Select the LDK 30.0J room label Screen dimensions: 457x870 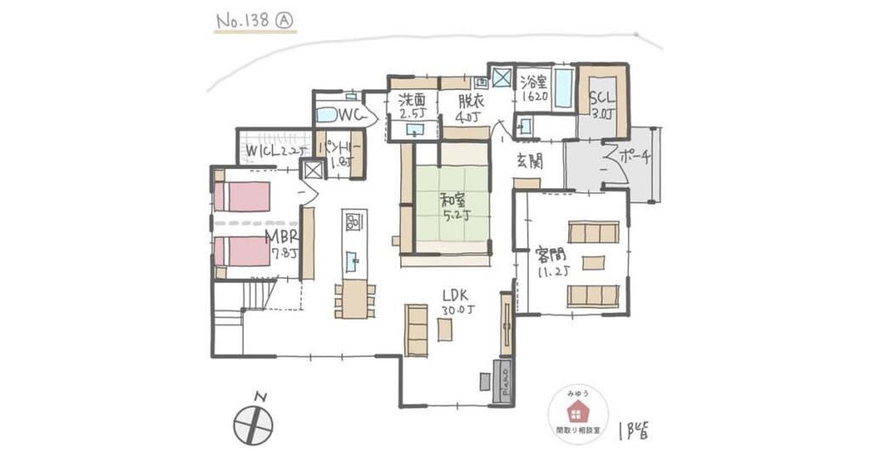456,302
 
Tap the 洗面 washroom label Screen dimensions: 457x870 412,106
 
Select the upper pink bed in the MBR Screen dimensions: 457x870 242,197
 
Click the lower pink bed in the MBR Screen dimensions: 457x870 242,251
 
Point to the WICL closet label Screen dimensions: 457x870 270,151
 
